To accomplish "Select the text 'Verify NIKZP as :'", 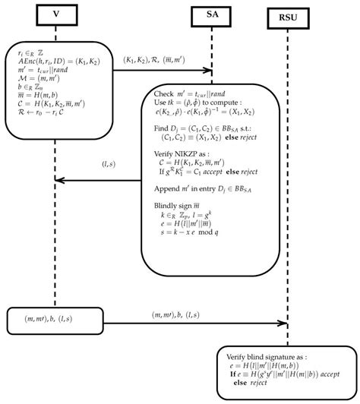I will pos(182,154).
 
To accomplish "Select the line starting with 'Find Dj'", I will pos(201,129).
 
